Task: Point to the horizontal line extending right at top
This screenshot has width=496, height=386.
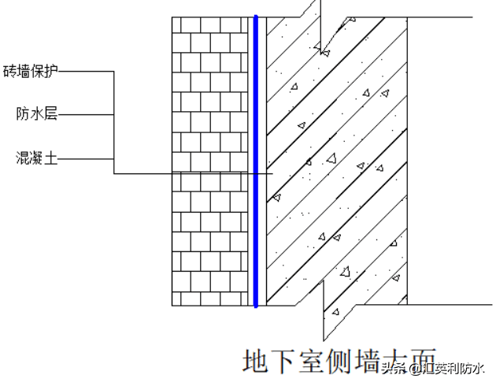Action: (441, 17)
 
